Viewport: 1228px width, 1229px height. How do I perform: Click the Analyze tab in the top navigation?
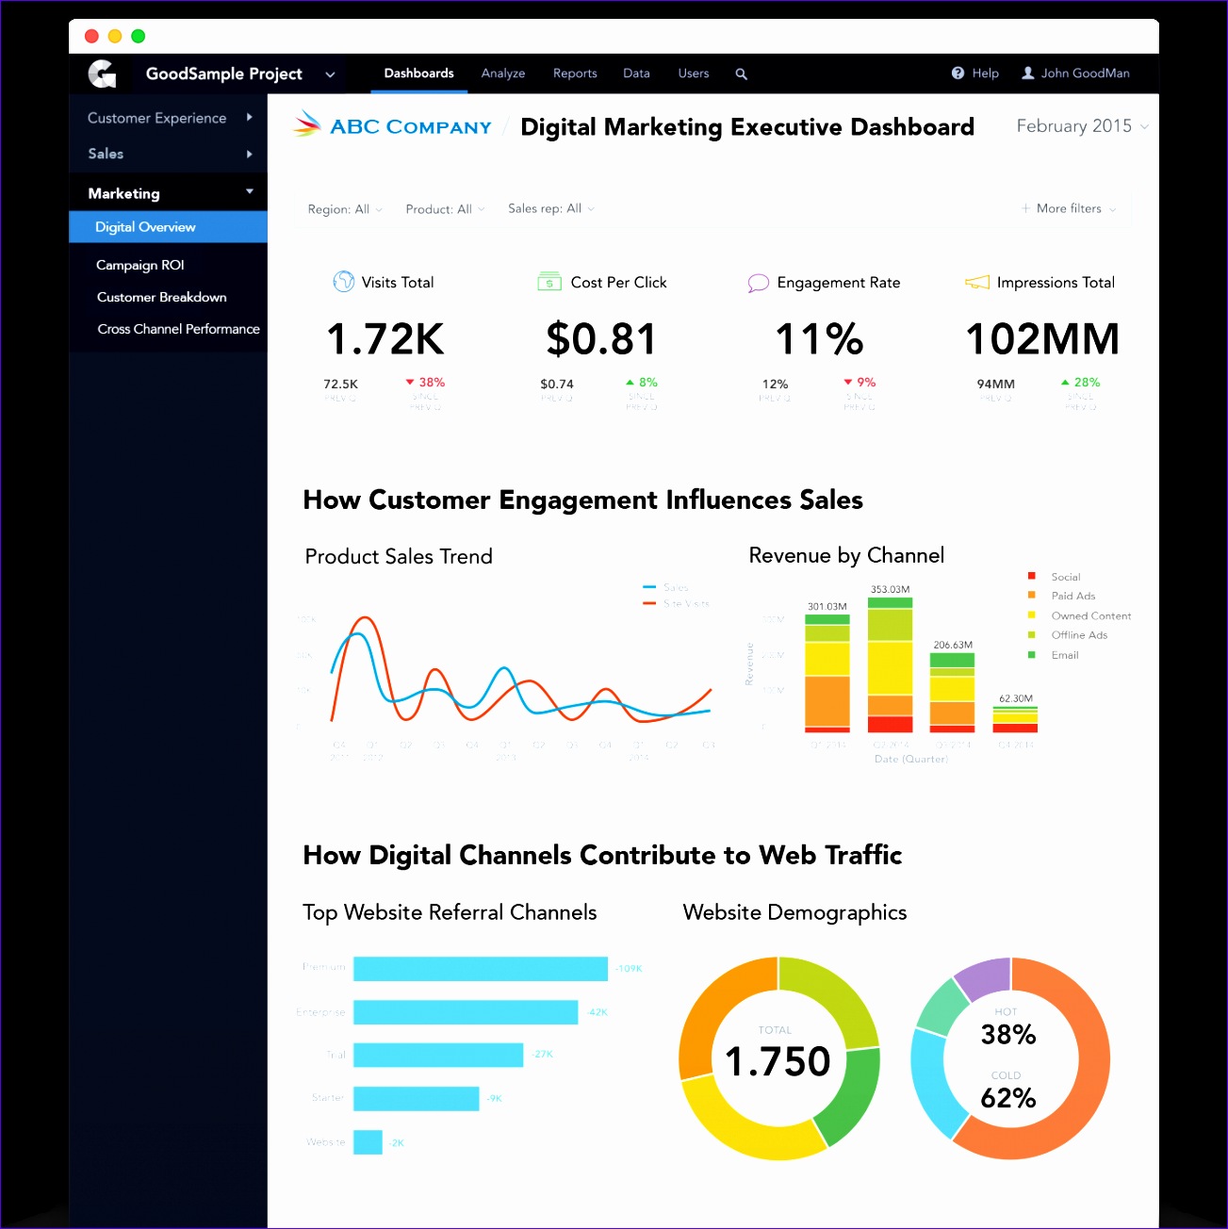tap(502, 74)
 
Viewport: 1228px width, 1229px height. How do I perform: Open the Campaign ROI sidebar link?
tap(139, 265)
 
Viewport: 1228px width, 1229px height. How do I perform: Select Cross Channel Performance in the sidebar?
tap(178, 329)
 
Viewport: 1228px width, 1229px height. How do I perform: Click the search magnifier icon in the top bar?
tap(741, 74)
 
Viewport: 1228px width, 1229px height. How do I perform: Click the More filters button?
tap(1069, 208)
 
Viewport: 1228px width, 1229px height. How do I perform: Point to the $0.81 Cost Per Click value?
tap(600, 339)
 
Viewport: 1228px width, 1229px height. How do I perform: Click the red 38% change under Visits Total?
tap(426, 383)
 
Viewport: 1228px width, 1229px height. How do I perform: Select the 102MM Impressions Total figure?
tap(1042, 339)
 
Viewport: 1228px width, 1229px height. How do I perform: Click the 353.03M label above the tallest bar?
tap(890, 589)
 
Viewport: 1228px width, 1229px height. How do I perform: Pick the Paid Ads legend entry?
tap(1072, 596)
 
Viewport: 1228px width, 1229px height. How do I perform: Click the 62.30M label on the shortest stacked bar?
tap(1015, 698)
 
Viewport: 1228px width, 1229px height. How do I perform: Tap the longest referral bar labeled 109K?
tap(480, 969)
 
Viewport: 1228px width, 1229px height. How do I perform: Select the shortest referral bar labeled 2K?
tap(368, 1142)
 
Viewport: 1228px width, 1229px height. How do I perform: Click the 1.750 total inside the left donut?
tap(778, 1062)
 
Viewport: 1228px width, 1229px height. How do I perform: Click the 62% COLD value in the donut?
tap(1007, 1098)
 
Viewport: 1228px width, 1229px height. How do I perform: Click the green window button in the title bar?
tap(139, 36)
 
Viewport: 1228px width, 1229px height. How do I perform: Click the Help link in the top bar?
tap(975, 74)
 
